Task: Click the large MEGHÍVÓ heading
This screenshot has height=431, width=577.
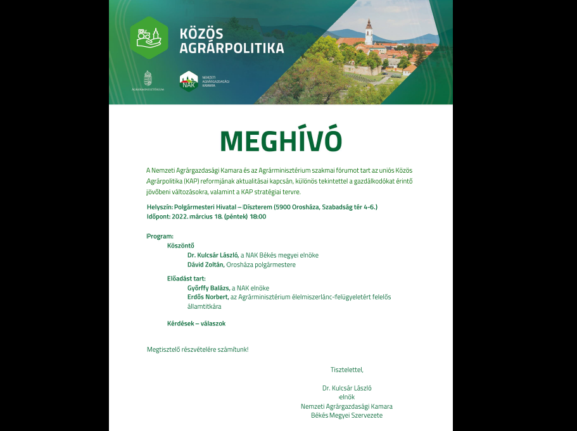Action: pos(281,141)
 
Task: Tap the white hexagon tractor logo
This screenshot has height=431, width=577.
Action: pos(149,37)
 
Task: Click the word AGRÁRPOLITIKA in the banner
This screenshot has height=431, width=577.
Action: pos(232,48)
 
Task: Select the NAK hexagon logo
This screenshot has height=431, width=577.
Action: pos(188,81)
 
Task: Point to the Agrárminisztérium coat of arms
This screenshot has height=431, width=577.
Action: pos(148,78)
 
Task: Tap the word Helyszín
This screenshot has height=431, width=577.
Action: pos(159,207)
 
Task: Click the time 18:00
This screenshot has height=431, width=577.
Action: pos(258,216)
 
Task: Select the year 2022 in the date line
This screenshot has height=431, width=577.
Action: pos(180,216)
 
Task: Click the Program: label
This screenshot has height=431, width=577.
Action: pos(160,236)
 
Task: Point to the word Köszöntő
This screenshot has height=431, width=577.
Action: pos(181,246)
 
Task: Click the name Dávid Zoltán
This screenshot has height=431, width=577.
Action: pos(205,265)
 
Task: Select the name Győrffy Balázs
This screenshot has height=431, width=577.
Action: pos(208,288)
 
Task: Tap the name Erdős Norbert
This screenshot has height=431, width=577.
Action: pos(208,297)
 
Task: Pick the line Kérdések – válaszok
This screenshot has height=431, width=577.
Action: pos(196,323)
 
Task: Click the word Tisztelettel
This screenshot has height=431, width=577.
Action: pos(346,370)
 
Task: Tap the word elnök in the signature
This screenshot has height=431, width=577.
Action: pos(347,397)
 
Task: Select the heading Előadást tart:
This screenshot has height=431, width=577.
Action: pos(186,278)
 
